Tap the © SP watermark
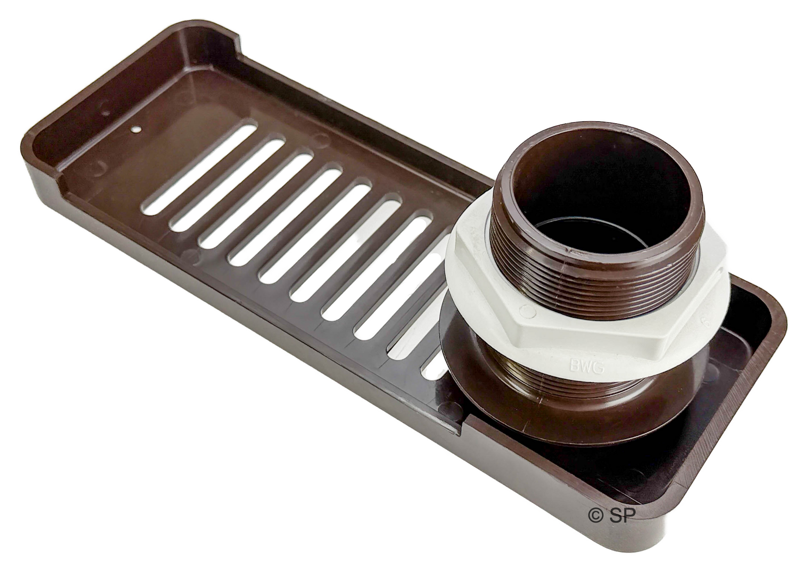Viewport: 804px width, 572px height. click(611, 525)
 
